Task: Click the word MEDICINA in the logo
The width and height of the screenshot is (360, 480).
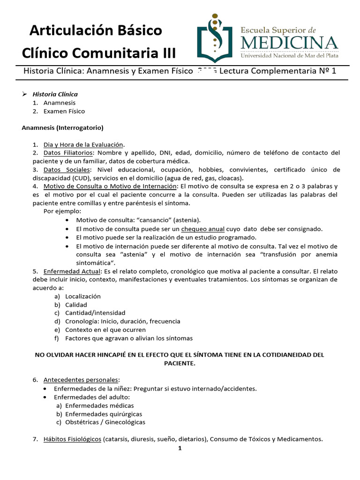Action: click(289, 43)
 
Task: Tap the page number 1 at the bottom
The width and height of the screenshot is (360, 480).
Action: click(180, 448)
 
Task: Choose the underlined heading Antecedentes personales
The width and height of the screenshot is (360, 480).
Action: click(81, 379)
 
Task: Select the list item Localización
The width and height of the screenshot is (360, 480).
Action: click(83, 296)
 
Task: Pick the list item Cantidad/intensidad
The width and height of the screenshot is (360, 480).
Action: click(95, 313)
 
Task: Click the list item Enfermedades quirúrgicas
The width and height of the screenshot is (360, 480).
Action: click(104, 414)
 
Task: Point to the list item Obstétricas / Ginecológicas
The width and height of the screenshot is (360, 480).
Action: click(105, 422)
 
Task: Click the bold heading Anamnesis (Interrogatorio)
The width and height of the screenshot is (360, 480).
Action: click(63, 127)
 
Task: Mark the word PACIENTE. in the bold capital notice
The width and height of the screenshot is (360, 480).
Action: click(180, 363)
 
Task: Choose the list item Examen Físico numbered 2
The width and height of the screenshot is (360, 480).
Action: click(64, 111)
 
